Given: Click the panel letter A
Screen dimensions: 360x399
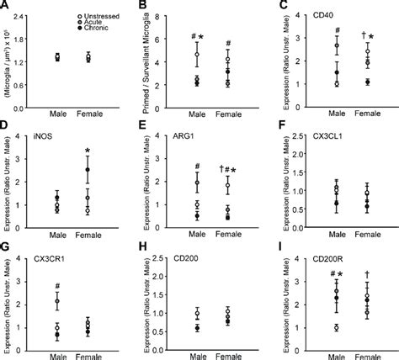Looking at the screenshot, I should [6, 6].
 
